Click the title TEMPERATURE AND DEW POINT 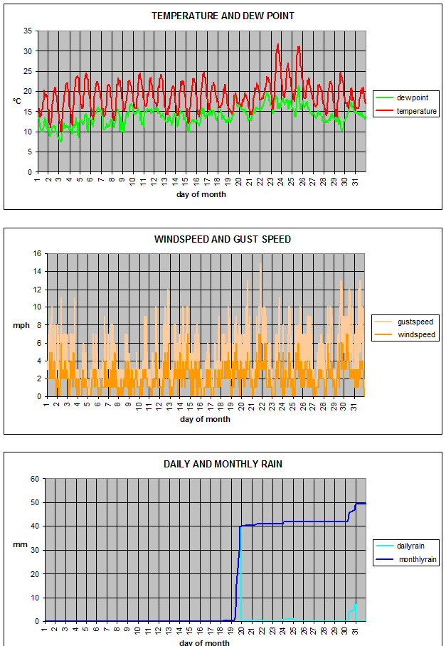[x=223, y=16]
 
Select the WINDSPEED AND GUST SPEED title [x=223, y=239]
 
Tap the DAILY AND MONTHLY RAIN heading [x=223, y=464]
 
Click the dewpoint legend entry [x=411, y=97]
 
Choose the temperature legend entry [x=417, y=111]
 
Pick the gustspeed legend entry [x=415, y=322]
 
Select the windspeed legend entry [x=416, y=334]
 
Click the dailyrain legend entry [x=413, y=546]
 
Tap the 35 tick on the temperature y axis [x=28, y=31]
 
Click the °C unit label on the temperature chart [x=16, y=101]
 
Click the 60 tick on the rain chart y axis [x=33, y=479]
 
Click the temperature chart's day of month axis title [x=201, y=194]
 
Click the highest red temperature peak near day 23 [x=277, y=44]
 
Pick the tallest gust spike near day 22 [x=260, y=263]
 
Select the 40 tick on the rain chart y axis [x=33, y=526]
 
